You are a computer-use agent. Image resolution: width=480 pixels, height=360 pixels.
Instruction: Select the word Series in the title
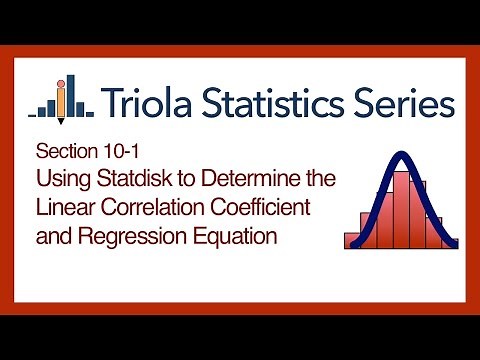pos(405,102)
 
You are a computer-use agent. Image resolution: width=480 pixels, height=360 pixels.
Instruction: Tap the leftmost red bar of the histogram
pos(351,241)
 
